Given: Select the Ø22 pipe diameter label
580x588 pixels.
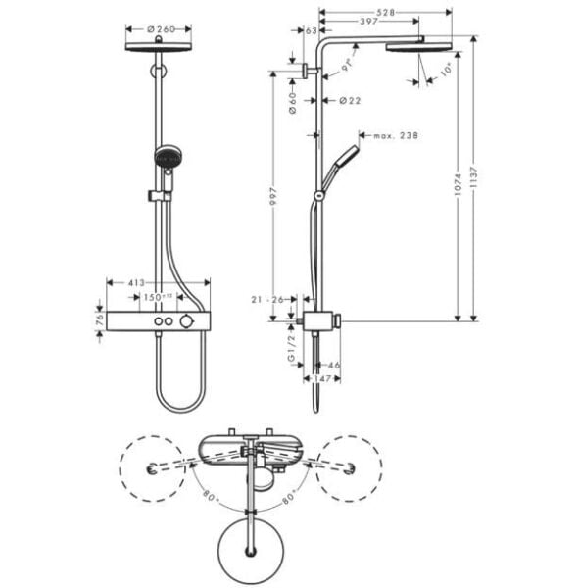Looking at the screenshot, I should (x=349, y=100).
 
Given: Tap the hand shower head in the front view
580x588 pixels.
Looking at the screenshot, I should (x=168, y=156).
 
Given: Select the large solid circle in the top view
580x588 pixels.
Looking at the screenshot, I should (x=254, y=547).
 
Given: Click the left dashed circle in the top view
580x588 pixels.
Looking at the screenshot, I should (x=153, y=468).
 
